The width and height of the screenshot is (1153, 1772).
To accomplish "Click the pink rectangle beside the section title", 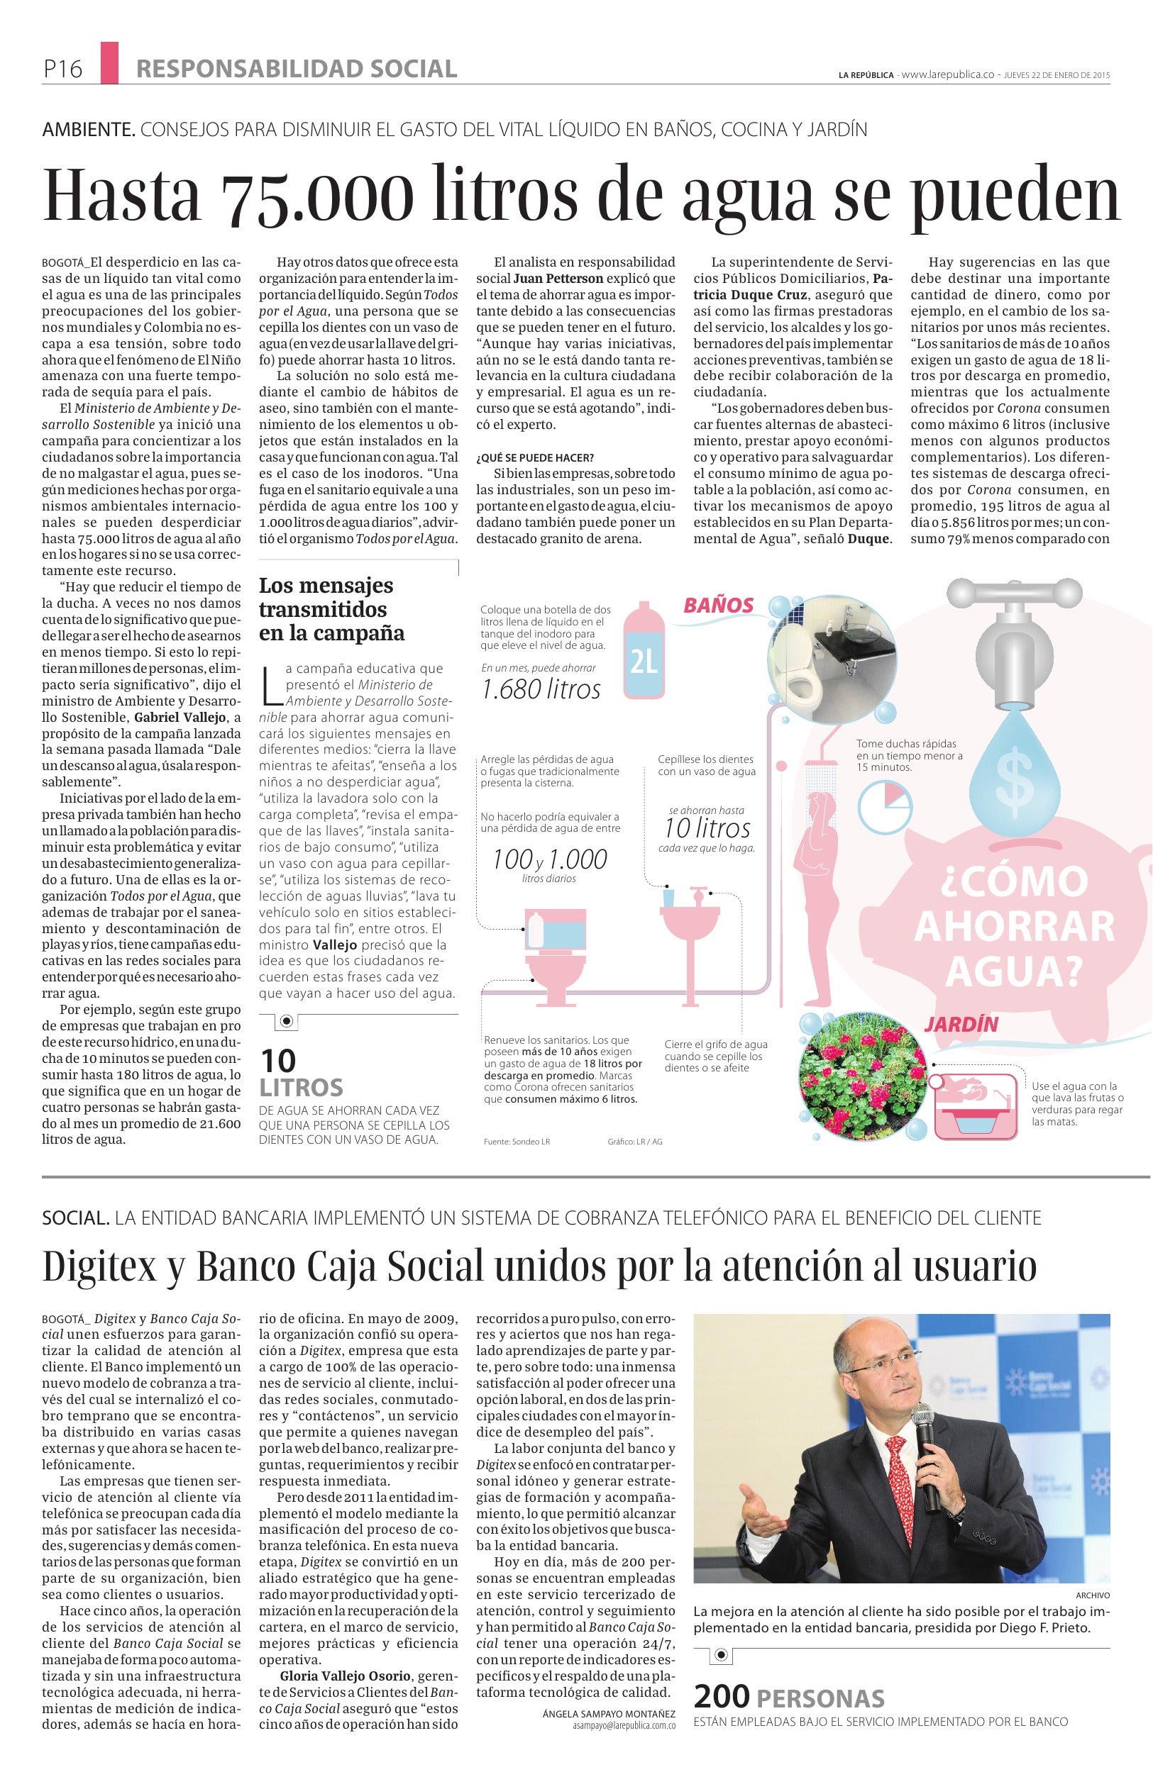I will [109, 62].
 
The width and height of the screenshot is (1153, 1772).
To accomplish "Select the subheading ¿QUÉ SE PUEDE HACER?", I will [536, 457].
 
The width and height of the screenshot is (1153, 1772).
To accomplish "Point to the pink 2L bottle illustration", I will [643, 652].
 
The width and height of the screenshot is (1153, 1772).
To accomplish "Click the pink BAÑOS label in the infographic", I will [719, 605].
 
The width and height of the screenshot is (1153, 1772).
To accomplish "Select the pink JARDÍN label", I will [961, 1024].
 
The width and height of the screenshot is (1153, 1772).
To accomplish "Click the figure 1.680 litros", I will [541, 689].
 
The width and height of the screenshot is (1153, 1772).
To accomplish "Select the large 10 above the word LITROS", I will [279, 1060].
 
